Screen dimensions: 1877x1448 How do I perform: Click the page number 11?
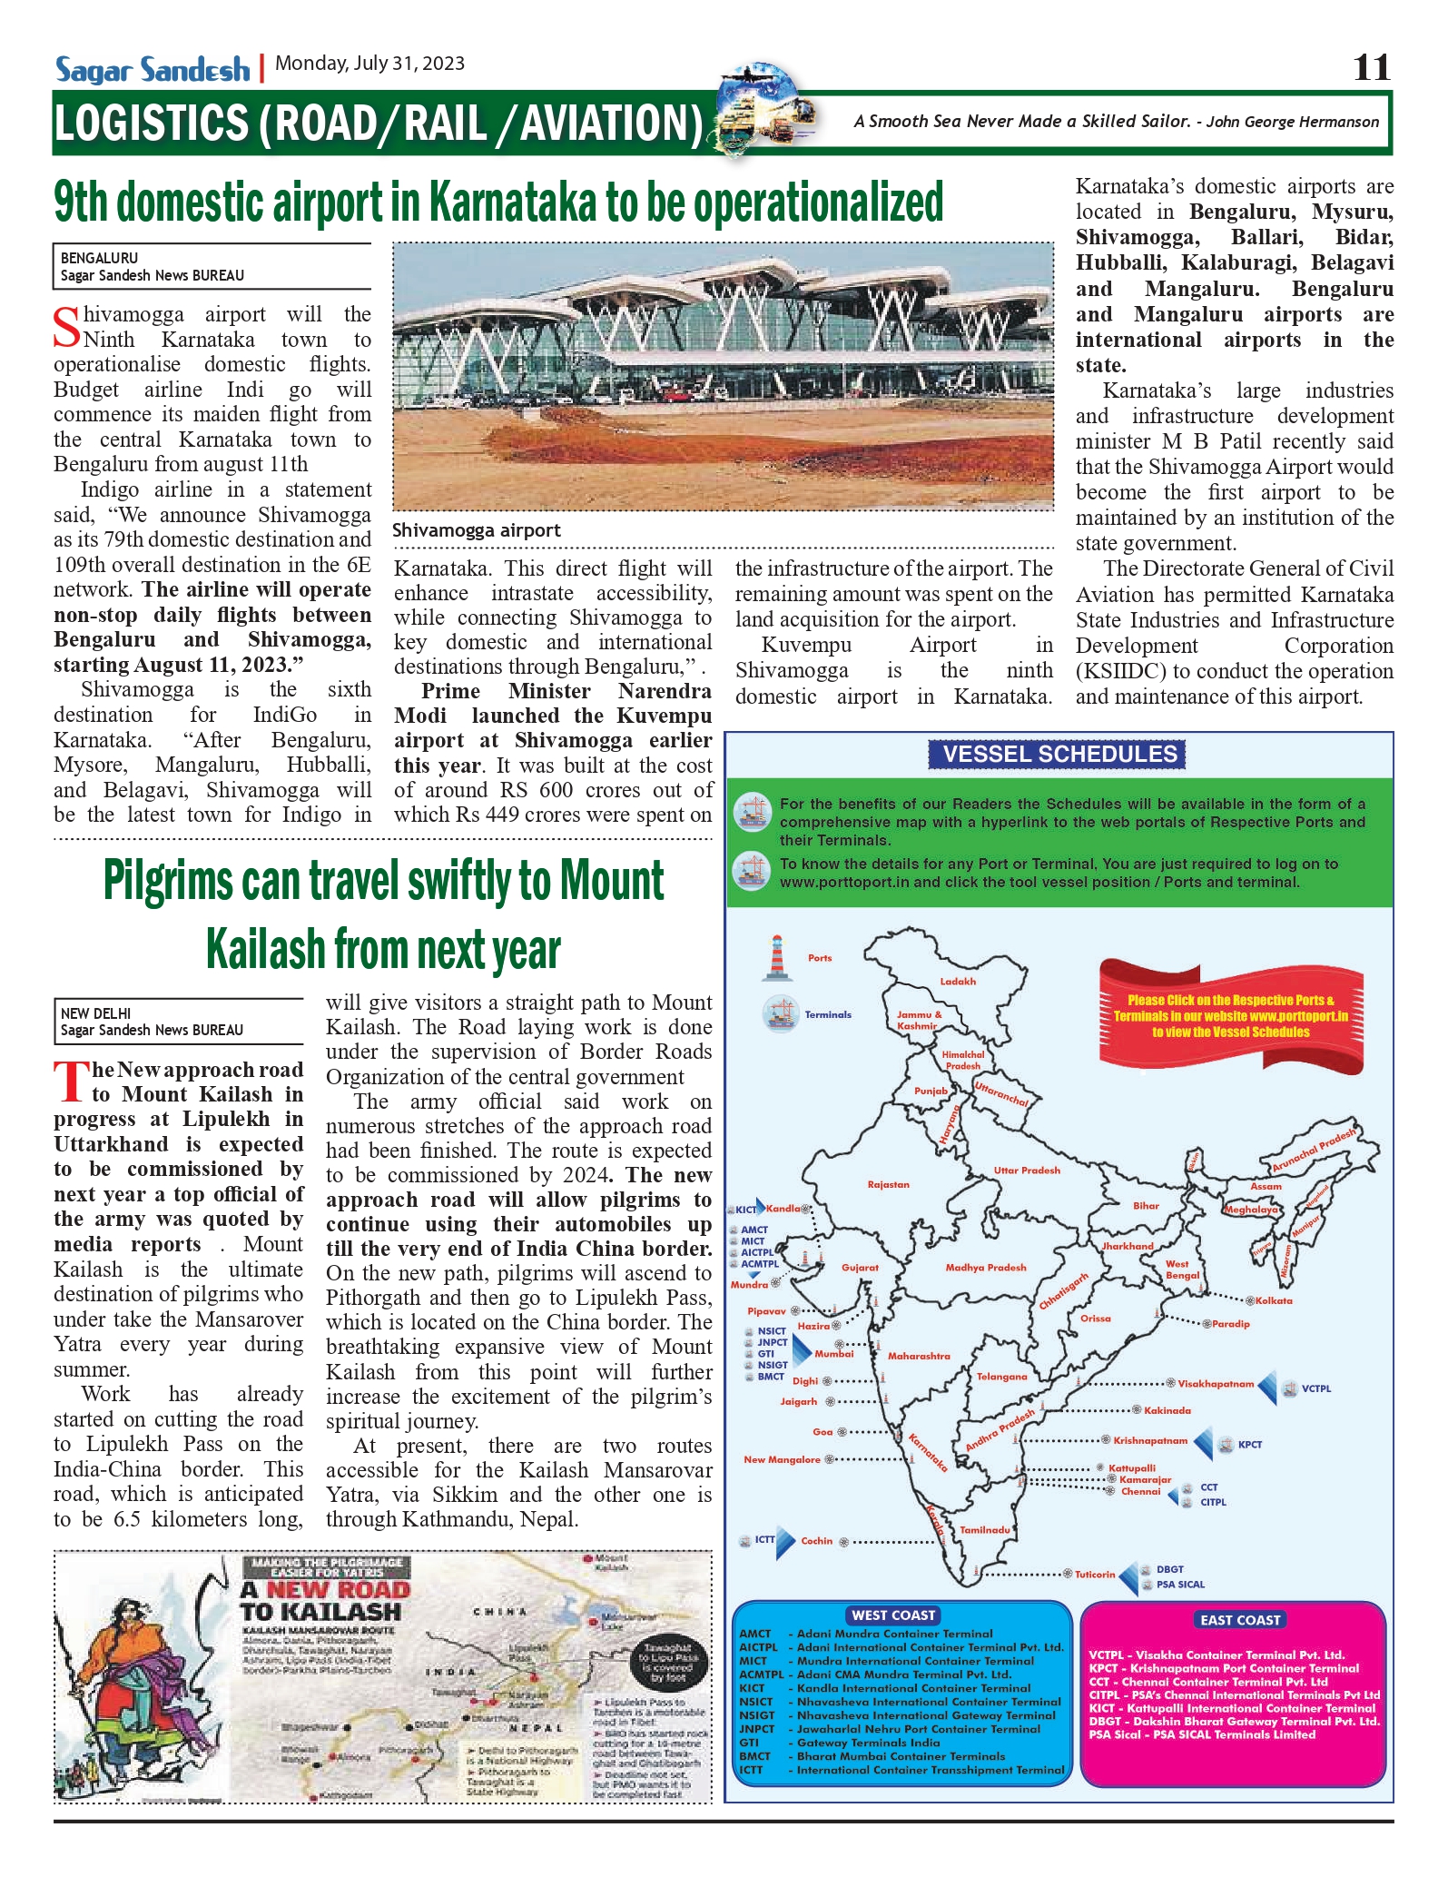click(x=1371, y=67)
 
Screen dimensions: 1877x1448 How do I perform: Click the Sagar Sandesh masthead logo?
click(x=152, y=69)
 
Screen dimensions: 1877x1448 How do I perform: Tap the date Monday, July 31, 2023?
click(x=369, y=64)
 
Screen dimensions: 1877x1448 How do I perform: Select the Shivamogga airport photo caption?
click(x=476, y=530)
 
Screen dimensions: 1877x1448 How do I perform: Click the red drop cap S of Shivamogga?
click(x=66, y=328)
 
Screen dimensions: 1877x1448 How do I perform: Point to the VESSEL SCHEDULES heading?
click(x=1059, y=754)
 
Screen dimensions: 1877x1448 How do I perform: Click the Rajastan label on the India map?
click(x=888, y=1184)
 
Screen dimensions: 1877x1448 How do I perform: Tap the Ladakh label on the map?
click(x=958, y=982)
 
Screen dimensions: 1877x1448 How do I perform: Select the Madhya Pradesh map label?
click(x=985, y=1267)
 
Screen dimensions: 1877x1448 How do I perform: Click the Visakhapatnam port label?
click(x=1215, y=1384)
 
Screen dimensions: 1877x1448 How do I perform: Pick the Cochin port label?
click(x=816, y=1541)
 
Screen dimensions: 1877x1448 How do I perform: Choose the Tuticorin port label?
click(x=1094, y=1575)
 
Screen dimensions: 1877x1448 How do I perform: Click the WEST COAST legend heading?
click(x=893, y=1615)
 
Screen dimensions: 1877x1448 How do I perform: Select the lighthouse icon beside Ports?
click(x=776, y=958)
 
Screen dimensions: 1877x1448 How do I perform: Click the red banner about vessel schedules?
click(x=1230, y=1016)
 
